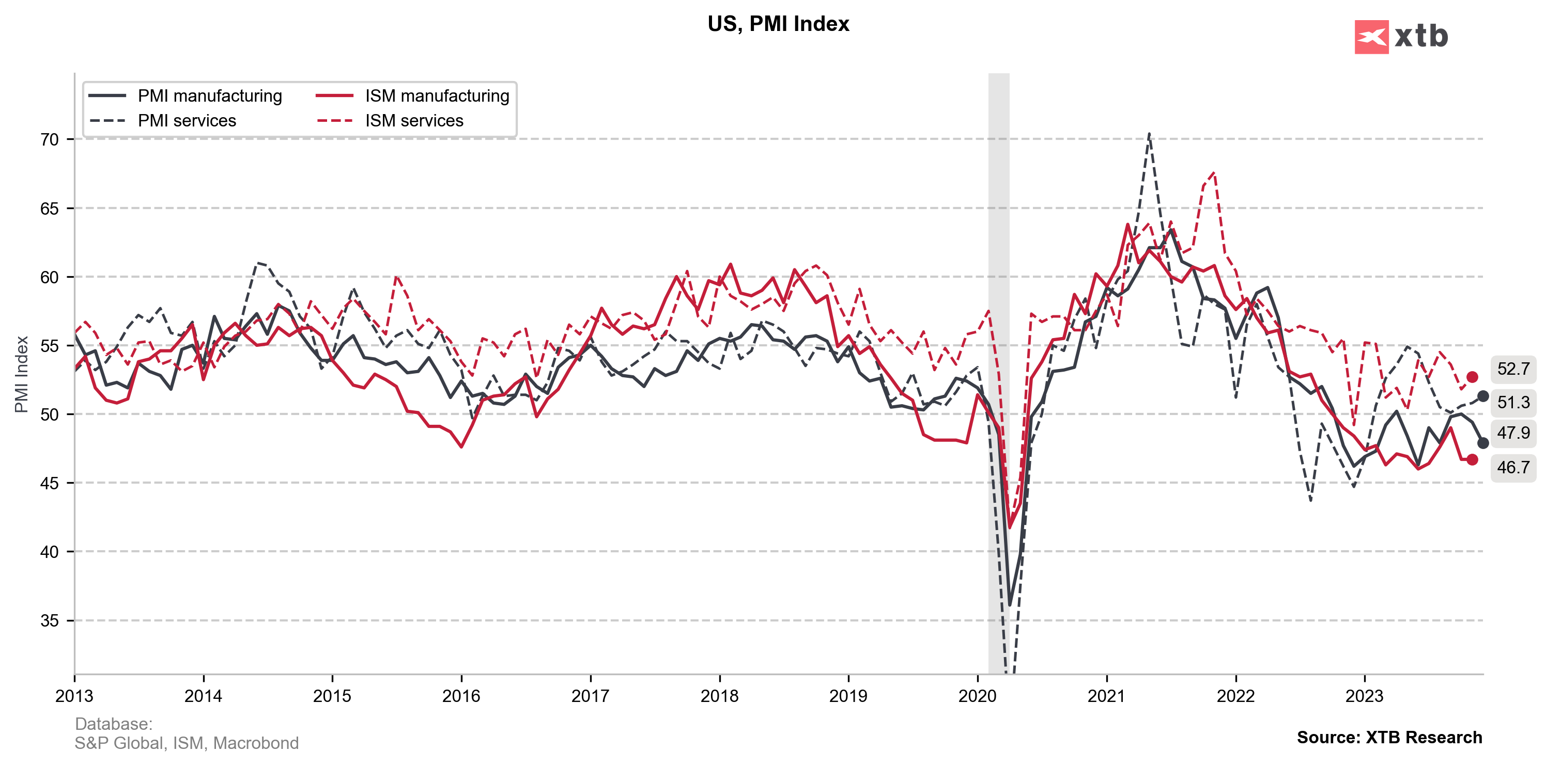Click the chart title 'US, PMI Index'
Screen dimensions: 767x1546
coord(778,24)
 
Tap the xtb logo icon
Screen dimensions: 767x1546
coord(1371,37)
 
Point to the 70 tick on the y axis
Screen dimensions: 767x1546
coord(50,140)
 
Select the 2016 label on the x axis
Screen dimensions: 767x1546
coord(461,696)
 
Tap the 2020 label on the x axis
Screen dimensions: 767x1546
coord(977,696)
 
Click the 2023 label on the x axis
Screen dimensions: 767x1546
coord(1364,696)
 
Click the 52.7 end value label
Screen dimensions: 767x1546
coord(1513,369)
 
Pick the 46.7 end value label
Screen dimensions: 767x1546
coord(1513,467)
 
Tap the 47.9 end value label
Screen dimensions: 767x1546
coord(1513,433)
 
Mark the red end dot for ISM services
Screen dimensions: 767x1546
coord(1472,377)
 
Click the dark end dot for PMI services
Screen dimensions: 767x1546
coord(1482,396)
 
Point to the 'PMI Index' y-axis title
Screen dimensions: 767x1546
coord(22,374)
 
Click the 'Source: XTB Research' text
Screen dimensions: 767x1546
coord(1389,738)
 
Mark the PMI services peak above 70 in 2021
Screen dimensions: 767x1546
coord(1149,134)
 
